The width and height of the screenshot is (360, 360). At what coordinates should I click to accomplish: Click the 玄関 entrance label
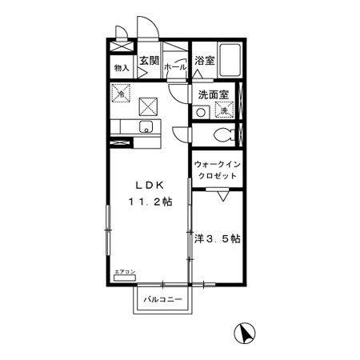(149, 60)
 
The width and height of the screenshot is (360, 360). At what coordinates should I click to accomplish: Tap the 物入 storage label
(122, 69)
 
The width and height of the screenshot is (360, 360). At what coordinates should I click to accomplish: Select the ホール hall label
(174, 69)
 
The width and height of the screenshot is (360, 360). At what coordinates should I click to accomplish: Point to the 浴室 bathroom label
(204, 60)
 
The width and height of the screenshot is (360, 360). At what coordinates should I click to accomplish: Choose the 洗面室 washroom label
(214, 94)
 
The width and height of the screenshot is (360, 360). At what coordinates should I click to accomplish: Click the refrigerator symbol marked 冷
(122, 94)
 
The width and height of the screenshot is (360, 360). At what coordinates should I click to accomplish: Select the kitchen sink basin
(145, 127)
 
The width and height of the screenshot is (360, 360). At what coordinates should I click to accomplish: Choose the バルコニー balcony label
(163, 300)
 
